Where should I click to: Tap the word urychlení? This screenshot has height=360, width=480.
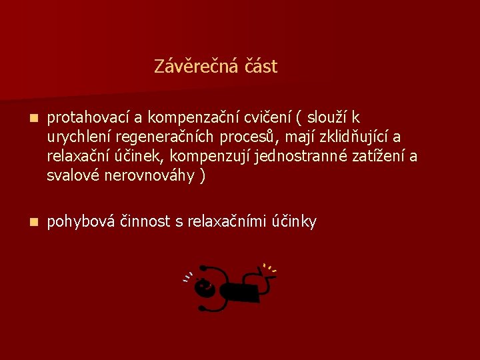point(79,137)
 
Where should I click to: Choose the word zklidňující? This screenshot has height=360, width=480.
point(351,137)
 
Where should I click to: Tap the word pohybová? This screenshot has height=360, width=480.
point(83,221)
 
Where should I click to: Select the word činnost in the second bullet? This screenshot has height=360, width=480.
point(148,221)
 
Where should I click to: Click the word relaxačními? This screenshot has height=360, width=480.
point(227,221)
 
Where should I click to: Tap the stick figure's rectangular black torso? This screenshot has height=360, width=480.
point(241,291)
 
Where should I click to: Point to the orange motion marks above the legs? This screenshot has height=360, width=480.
point(269,268)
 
